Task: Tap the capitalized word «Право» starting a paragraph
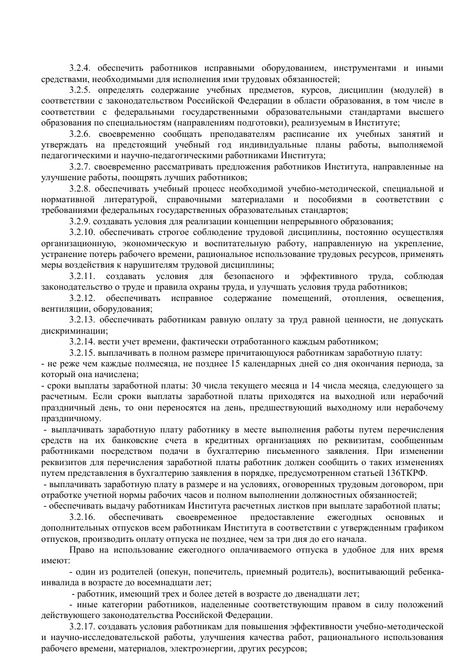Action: pos(81,550)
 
